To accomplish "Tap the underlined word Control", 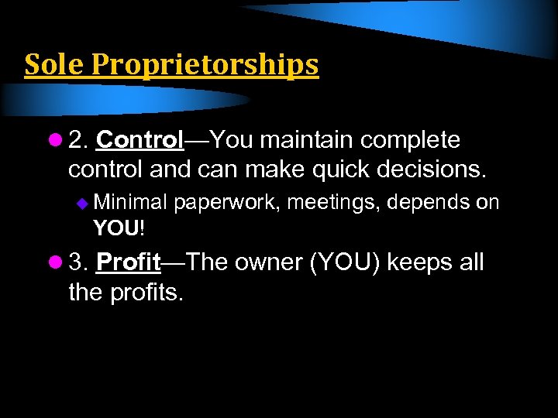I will (140, 140).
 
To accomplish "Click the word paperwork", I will (229, 204).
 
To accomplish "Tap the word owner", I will (268, 262).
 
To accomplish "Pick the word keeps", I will (418, 263).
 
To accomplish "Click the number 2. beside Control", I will (78, 140).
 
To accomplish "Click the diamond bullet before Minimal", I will (84, 204).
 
